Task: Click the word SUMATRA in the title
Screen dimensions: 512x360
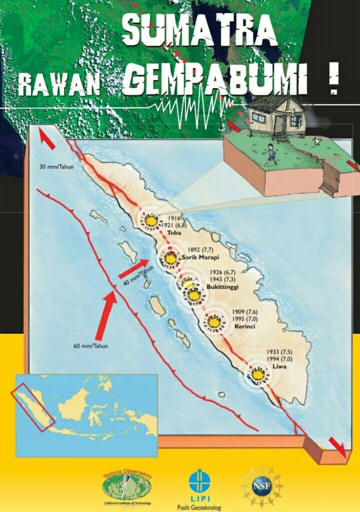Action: tap(200, 31)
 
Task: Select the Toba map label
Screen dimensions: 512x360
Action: tap(167, 232)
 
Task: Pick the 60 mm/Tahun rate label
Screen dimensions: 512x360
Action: tap(91, 346)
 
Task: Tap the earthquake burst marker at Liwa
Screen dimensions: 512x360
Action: tap(258, 374)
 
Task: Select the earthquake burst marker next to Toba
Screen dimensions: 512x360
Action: tap(151, 221)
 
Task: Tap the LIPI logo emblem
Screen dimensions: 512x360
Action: tap(199, 481)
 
